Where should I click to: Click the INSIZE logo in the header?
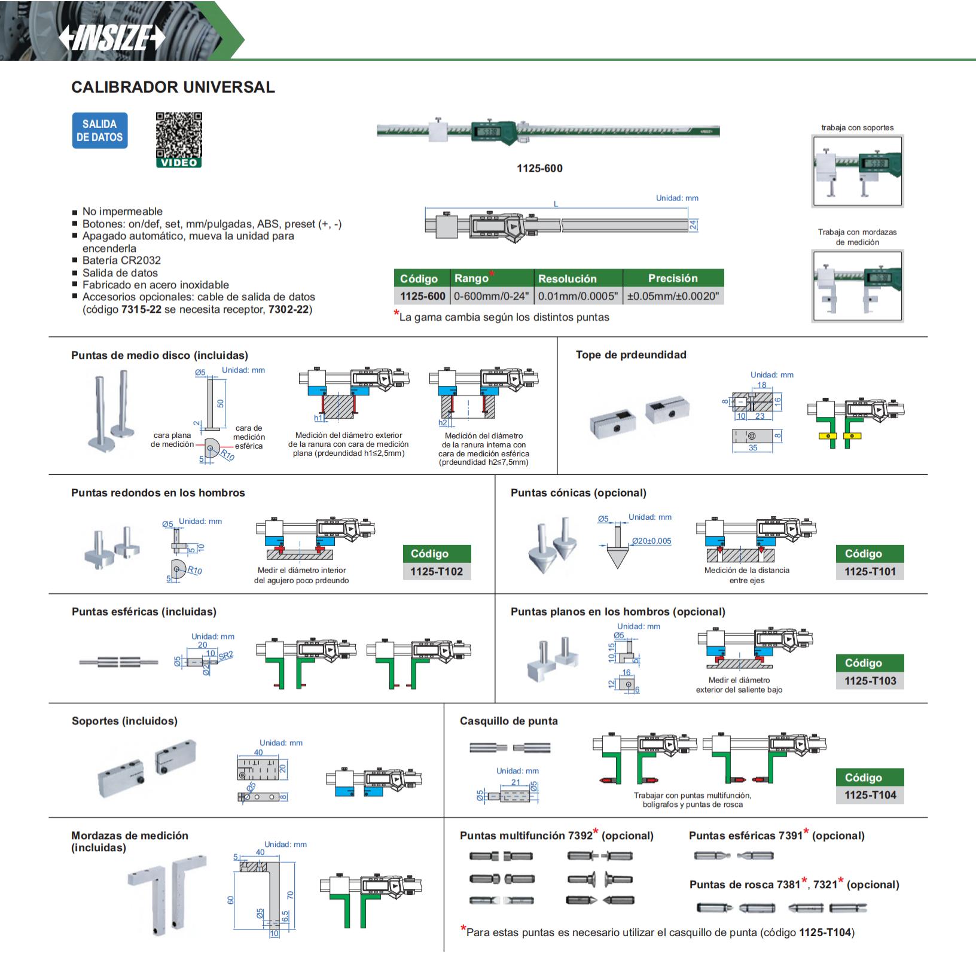pos(112,39)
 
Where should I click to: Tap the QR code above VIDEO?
pos(179,135)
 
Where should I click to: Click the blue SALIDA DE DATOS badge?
pos(100,130)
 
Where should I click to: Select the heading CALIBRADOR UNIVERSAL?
pos(173,87)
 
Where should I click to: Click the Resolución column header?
pos(568,279)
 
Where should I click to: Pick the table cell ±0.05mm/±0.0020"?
pos(673,296)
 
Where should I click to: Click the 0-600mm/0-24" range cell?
pos(492,296)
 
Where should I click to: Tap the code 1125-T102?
pos(437,572)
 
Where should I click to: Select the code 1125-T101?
pos(870,572)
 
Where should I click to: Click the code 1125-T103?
pos(870,681)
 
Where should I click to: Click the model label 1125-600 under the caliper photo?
pos(539,169)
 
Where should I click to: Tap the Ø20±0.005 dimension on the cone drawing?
pos(651,541)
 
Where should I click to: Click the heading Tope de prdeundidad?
pos(631,355)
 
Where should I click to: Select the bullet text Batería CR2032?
pos(121,260)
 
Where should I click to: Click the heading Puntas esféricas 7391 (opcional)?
pos(777,836)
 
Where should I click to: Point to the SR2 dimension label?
pos(225,656)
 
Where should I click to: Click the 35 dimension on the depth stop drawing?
pos(753,447)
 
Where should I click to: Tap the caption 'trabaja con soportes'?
pos(858,127)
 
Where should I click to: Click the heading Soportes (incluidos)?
pos(124,721)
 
